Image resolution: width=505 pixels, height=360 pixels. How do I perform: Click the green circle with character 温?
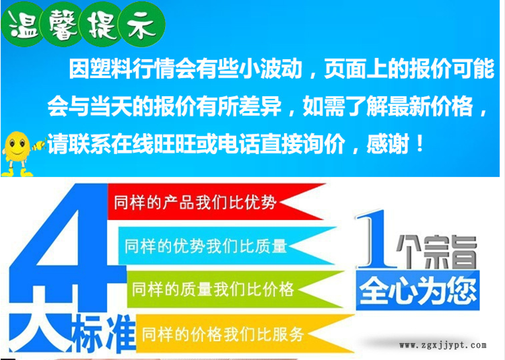coord(22,24)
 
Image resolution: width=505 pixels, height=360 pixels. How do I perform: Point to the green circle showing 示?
coord(142,25)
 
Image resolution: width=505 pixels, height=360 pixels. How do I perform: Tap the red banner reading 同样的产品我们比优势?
coord(215,202)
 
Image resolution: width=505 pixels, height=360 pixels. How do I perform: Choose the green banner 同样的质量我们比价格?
coord(235,289)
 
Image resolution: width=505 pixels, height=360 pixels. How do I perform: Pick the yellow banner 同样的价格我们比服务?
coord(245,334)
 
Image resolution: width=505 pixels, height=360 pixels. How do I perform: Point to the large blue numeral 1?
coord(375,239)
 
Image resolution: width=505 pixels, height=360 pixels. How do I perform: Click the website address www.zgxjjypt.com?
coord(443,345)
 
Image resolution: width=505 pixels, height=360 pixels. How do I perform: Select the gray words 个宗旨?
coord(437,252)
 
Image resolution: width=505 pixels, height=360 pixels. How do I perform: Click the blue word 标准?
coord(104,334)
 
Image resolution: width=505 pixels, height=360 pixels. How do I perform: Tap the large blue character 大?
coord(40,332)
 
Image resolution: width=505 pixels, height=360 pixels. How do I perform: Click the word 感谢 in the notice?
coord(388,143)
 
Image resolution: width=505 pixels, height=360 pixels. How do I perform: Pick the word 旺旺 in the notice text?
coord(175,143)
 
